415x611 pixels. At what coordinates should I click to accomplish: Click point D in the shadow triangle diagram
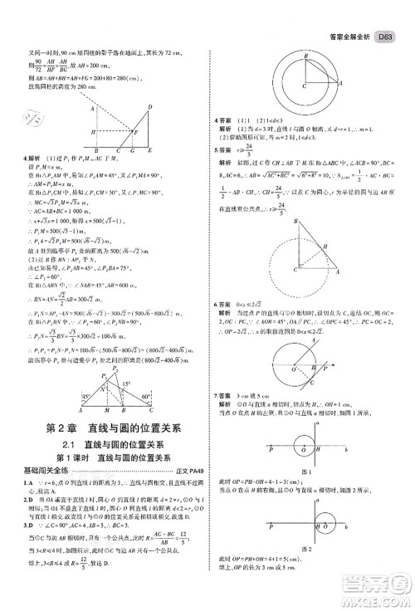[x=149, y=106]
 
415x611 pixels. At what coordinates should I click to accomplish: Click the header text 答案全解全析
[x=347, y=12]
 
